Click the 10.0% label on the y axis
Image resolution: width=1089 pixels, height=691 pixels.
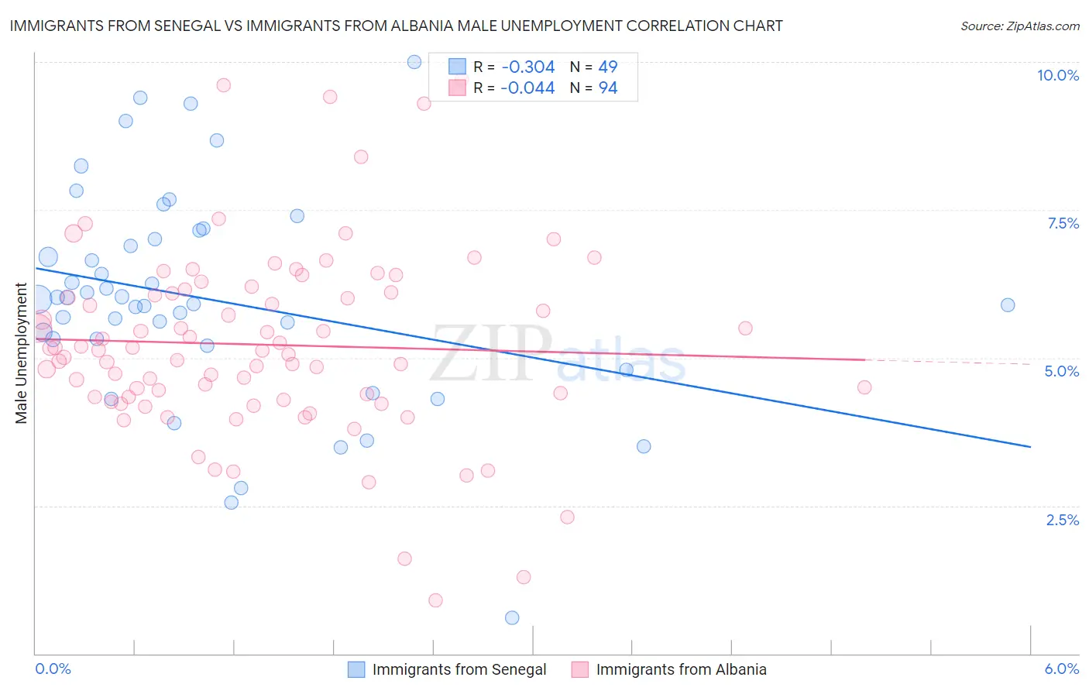1057,75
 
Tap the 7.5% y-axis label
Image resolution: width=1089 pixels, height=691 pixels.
1063,223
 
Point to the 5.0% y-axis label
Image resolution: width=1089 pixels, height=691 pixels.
1061,371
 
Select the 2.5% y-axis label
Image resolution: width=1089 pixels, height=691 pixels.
1062,520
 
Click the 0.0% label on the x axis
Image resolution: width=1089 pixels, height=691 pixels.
53,669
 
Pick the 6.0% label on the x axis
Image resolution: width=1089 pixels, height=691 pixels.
1061,669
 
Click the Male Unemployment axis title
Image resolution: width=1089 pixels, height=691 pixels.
21,353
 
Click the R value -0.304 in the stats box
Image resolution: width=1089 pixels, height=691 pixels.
527,67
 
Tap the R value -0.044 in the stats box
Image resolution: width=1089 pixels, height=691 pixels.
527,88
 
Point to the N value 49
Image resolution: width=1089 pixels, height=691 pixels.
607,67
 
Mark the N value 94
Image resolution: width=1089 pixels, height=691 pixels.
607,88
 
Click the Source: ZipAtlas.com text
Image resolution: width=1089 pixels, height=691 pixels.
1019,26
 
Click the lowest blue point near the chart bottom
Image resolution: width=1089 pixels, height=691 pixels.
512,617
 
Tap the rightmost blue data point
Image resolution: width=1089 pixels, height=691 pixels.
1008,305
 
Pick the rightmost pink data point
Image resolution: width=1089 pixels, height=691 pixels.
864,387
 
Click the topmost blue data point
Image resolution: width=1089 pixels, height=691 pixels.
414,62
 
